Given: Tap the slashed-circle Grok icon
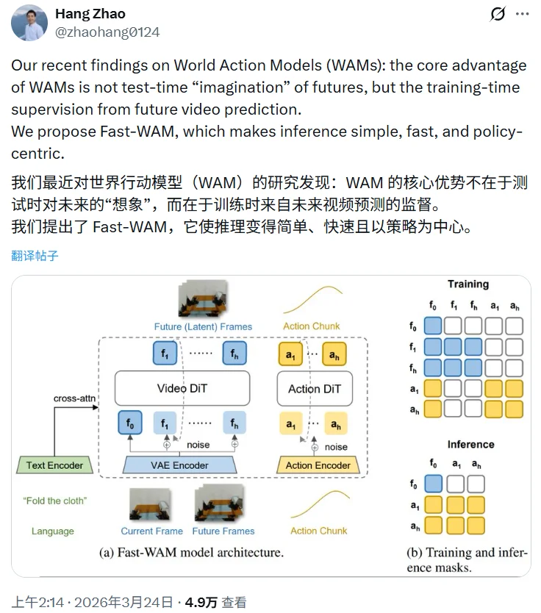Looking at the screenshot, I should pos(498,14).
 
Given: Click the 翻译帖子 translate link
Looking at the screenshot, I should pos(35,256).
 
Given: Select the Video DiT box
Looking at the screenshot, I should pos(182,388).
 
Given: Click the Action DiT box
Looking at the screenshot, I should pos(314,389).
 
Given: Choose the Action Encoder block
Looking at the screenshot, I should pos(318,465).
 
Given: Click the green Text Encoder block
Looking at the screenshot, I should pos(55,465).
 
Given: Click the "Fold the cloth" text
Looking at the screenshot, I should pos(54,501).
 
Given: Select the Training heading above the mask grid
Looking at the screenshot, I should pos(467,284).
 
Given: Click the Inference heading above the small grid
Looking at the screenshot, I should pos(470,445).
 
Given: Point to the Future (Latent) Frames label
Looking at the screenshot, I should pos(203,326).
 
